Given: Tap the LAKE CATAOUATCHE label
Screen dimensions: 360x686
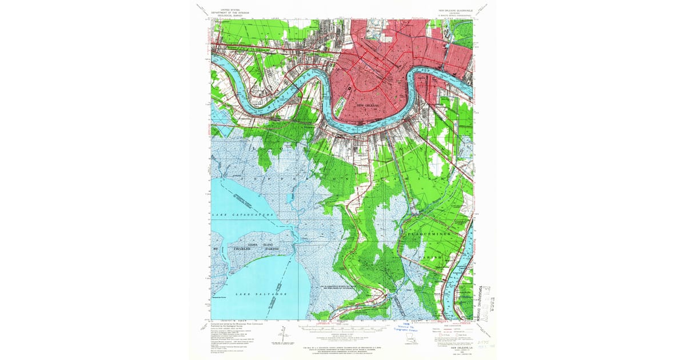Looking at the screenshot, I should click(244, 215).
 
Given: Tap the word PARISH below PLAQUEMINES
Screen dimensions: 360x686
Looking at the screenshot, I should click(432, 257).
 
